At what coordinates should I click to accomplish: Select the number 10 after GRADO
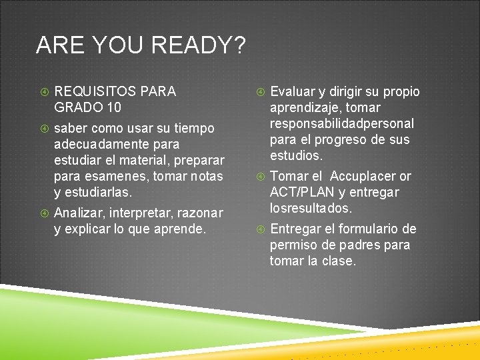tap(113, 107)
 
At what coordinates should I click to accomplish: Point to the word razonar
tap(199, 213)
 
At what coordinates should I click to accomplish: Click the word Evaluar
tap(293, 91)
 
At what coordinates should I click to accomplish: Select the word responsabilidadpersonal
tap(342, 123)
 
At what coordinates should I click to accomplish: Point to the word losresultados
tap(311, 208)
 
